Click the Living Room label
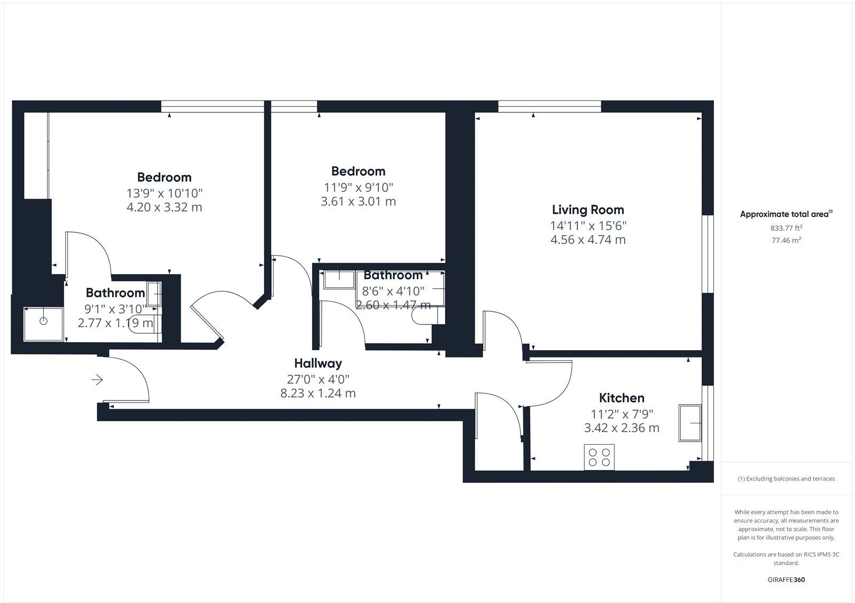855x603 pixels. [588, 210]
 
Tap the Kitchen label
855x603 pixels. [621, 398]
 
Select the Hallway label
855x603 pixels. [318, 364]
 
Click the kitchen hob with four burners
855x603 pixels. [599, 457]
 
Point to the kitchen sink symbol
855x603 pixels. [690, 423]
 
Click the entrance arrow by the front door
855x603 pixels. [97, 380]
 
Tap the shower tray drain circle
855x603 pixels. [44, 321]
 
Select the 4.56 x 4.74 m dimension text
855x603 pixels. [588, 239]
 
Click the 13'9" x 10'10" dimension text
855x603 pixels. [164, 192]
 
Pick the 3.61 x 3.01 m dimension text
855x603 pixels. [358, 202]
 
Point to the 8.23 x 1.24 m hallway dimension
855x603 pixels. [318, 393]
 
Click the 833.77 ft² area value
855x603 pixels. [786, 228]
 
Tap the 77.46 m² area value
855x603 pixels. [786, 241]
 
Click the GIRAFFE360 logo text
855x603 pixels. [786, 579]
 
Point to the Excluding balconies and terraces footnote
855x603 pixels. [786, 478]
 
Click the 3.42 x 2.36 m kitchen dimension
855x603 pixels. [621, 428]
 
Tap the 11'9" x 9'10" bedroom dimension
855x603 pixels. [358, 187]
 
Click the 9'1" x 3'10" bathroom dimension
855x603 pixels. [115, 308]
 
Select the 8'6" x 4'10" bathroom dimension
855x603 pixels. [393, 291]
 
